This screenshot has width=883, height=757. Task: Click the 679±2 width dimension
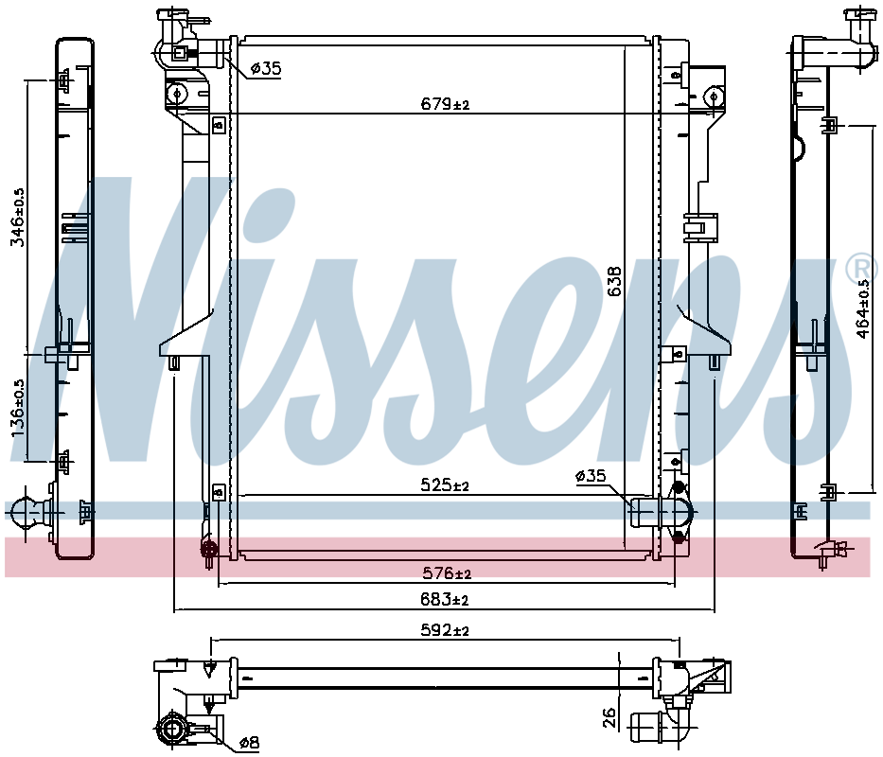click(445, 104)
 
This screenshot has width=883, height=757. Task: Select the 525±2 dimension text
click(445, 484)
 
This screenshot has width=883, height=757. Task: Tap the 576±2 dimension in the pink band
click(447, 573)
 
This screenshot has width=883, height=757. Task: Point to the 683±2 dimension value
click(444, 600)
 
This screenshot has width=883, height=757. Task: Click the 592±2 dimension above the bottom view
click(445, 629)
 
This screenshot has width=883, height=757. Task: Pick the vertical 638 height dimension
click(615, 281)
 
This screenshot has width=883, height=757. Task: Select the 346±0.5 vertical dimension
click(19, 218)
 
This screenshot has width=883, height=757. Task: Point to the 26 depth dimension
click(609, 717)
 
